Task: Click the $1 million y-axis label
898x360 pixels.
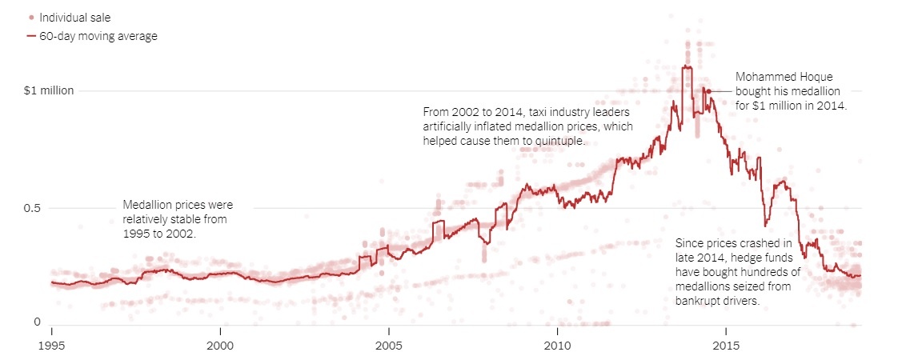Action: click(x=49, y=90)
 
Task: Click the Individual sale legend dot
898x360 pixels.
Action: click(x=31, y=17)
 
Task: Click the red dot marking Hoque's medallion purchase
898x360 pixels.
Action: click(x=708, y=91)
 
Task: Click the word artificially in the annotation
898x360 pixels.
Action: click(x=451, y=126)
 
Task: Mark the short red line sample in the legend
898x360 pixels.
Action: click(x=31, y=36)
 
